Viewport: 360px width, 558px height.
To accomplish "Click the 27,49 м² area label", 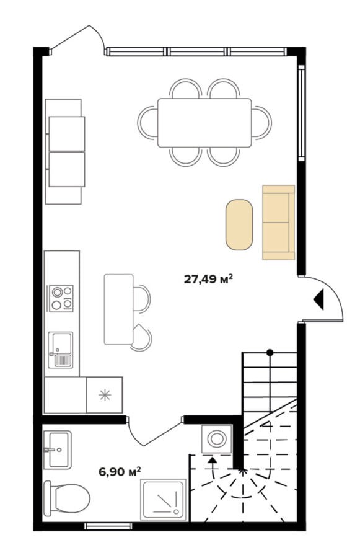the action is click(x=208, y=278).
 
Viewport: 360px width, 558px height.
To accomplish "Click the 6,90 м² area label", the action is click(x=120, y=472).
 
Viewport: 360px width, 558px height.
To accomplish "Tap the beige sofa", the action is click(x=279, y=223).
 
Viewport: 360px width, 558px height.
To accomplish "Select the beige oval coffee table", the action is click(x=239, y=224).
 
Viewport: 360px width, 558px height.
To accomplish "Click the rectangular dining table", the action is click(x=204, y=122).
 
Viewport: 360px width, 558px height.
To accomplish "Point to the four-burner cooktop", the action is click(x=61, y=298).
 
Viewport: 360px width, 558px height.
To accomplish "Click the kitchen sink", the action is click(x=61, y=350).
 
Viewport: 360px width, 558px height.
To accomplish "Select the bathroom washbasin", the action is click(x=57, y=449).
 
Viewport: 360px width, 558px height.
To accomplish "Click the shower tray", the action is click(x=164, y=499).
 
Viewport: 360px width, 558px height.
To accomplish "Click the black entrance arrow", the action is click(x=318, y=299).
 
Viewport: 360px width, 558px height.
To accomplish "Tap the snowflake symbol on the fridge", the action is click(x=105, y=395).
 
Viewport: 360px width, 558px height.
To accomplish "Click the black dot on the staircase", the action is click(x=270, y=353).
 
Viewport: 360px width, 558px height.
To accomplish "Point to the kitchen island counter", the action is click(x=119, y=309).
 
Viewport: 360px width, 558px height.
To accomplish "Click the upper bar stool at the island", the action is click(x=141, y=299).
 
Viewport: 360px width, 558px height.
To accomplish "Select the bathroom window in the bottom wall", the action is click(x=108, y=526).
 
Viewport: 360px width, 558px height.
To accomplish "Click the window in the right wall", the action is click(x=302, y=113).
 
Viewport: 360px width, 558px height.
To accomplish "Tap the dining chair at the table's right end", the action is click(x=261, y=122).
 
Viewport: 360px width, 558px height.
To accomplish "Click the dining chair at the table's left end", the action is click(x=147, y=122).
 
